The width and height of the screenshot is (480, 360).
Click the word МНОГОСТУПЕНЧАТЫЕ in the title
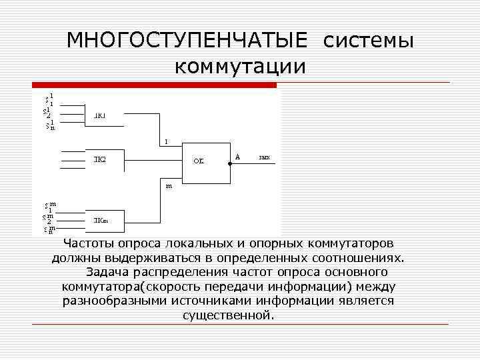click(187, 41)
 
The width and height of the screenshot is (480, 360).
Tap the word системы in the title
click(369, 41)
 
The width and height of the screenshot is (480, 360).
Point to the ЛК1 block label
click(99, 115)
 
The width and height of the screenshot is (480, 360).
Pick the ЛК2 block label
click(99, 159)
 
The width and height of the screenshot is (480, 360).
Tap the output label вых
click(264, 158)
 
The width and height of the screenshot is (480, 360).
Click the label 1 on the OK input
click(167, 141)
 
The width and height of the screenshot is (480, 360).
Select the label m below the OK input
click(169, 186)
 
